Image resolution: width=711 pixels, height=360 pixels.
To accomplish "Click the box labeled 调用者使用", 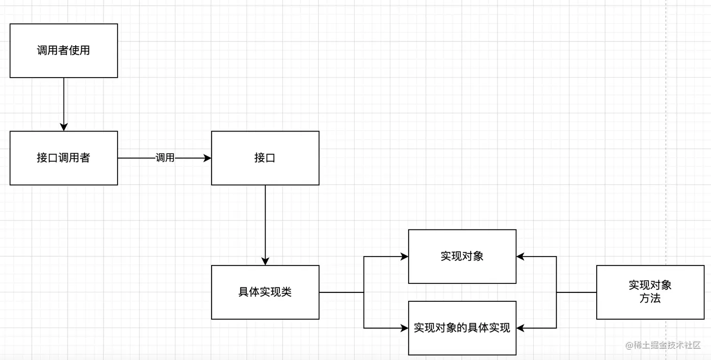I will [x=63, y=51].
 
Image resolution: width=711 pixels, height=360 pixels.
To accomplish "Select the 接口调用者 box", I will [x=63, y=158].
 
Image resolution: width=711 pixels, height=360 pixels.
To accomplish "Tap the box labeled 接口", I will [x=265, y=158].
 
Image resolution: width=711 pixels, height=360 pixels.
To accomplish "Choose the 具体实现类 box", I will [x=265, y=292].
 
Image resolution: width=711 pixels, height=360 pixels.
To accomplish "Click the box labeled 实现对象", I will [x=462, y=256].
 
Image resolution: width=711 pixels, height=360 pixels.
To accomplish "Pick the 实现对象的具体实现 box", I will [x=462, y=328].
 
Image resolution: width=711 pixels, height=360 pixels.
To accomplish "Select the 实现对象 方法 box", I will [x=650, y=292].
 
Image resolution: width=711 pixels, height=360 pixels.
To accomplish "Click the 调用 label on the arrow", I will [x=165, y=158].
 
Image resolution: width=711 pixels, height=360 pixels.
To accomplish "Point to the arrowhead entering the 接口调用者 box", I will [x=64, y=127].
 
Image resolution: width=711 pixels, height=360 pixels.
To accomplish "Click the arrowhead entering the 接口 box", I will [x=207, y=158].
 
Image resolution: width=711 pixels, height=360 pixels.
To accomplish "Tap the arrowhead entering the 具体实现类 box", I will [x=265, y=262].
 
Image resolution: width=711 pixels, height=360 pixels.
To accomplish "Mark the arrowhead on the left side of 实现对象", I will [x=404, y=257].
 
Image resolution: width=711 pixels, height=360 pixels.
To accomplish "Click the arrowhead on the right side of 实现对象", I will [x=521, y=257].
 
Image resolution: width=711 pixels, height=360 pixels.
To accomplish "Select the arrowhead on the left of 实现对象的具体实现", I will [x=404, y=328].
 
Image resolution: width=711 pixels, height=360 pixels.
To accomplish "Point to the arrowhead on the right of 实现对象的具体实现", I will [x=521, y=328].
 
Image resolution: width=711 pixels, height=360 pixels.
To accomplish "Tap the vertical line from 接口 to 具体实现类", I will [x=265, y=221].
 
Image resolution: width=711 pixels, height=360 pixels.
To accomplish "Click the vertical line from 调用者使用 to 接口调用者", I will [x=64, y=101].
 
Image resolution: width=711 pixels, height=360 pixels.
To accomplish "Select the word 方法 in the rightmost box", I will [x=650, y=298].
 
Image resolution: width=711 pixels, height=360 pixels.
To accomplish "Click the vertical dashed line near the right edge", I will [x=666, y=141].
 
